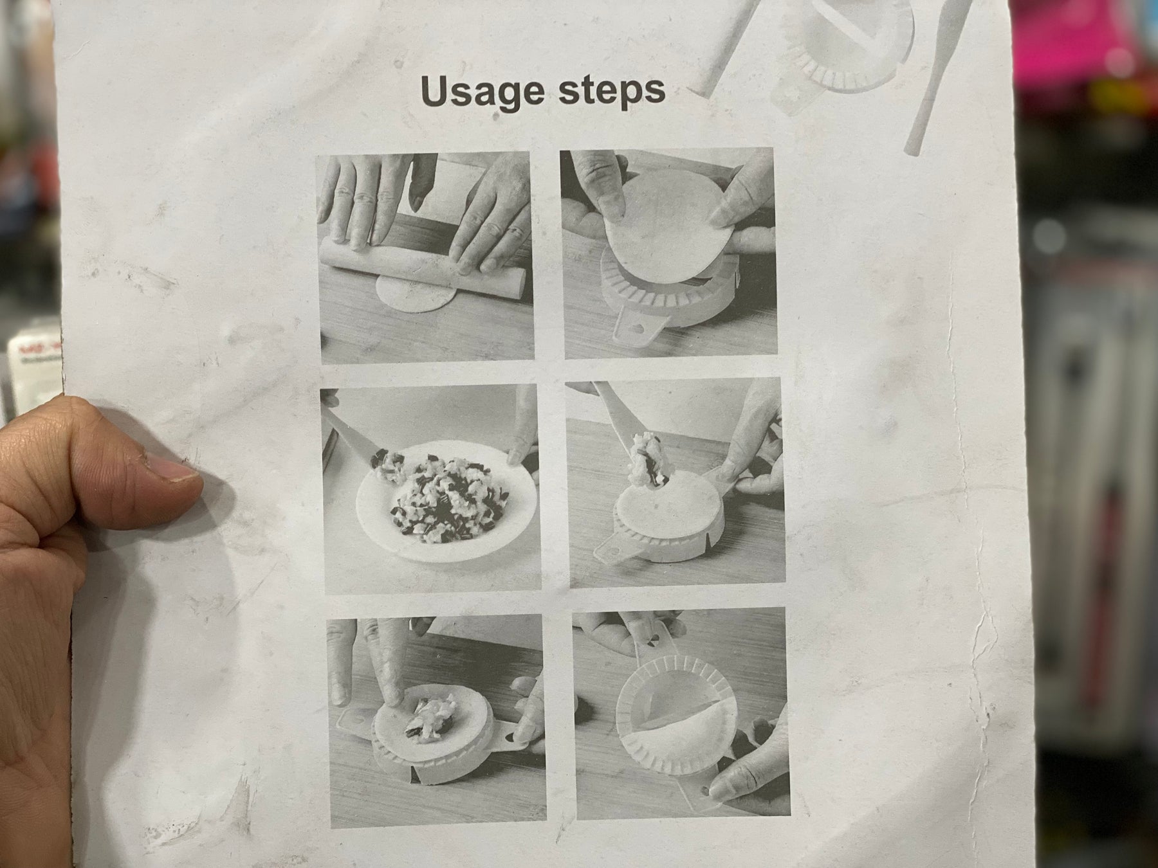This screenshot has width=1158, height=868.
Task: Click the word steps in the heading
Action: coord(611,91)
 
